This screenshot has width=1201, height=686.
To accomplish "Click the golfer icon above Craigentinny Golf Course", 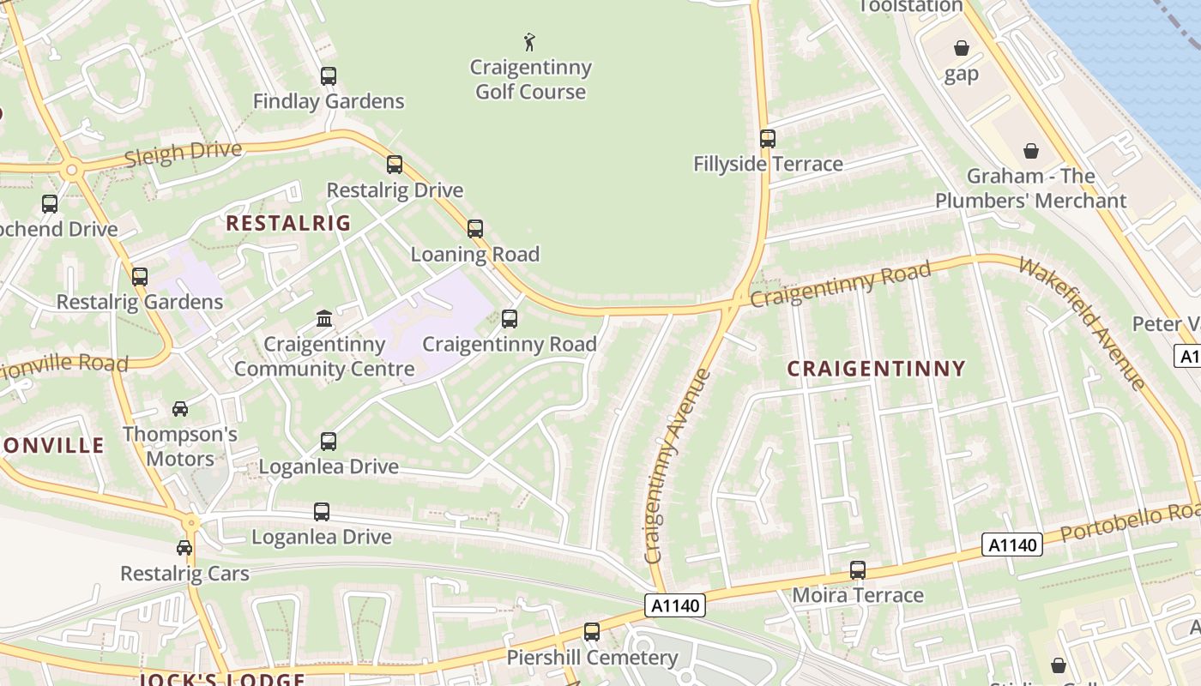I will [529, 41].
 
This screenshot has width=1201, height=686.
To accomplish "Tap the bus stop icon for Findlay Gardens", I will [329, 75].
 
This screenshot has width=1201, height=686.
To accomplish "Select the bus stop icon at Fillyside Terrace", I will [768, 138].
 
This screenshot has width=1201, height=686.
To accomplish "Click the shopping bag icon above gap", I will [962, 48].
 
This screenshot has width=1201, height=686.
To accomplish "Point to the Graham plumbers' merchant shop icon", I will [1031, 151].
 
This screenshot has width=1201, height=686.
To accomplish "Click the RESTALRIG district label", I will [288, 224].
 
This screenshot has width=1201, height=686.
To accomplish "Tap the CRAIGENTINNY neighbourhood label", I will [876, 369].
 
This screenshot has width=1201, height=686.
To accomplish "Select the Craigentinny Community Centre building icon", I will [324, 319].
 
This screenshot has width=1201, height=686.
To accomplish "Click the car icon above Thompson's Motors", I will [180, 409].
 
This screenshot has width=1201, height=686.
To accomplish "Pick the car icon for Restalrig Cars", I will [184, 547].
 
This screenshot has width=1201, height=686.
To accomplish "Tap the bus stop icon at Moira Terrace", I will [858, 569].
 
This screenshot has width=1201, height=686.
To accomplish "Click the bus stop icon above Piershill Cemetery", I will [592, 632].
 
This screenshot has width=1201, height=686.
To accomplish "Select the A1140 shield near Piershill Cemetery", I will [675, 605].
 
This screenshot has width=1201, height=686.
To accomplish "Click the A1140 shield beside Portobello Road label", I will [1012, 545].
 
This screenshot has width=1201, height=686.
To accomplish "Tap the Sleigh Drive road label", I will [184, 153].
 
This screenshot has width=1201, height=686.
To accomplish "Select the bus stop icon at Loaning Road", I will [475, 229].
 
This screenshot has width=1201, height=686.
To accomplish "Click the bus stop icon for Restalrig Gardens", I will [140, 277].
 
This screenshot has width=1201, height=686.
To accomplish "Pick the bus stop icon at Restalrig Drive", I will [395, 165].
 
